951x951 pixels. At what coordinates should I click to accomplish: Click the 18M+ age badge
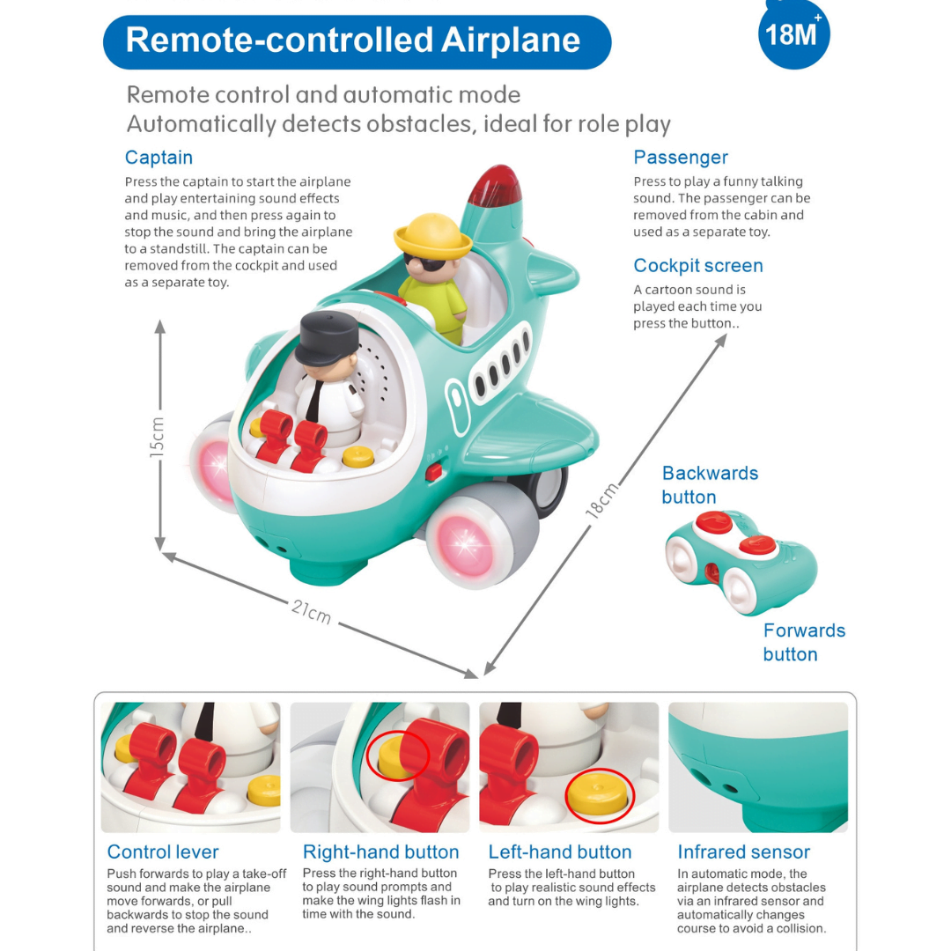793,34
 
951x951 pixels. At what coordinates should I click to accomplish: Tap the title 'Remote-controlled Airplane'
353,41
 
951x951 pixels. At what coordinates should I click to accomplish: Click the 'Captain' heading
158,157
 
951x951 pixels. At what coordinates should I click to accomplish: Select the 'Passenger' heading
681,157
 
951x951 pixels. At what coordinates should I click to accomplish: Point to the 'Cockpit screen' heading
698,266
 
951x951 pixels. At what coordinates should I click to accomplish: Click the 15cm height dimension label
157,437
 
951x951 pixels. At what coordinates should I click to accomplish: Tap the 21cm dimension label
311,611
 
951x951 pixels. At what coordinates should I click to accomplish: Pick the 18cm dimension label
602,500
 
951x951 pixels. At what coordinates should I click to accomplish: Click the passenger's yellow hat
432,235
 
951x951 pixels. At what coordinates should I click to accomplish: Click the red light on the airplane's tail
495,185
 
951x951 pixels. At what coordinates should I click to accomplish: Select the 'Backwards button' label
710,484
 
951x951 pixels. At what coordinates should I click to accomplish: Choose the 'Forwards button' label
804,642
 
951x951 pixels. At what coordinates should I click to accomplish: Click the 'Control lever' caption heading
163,851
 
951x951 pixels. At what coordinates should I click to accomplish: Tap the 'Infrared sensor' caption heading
743,851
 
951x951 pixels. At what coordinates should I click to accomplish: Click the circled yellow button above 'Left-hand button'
600,795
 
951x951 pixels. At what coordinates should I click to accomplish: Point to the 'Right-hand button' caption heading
381,851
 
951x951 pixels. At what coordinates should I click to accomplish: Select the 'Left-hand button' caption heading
560,851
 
